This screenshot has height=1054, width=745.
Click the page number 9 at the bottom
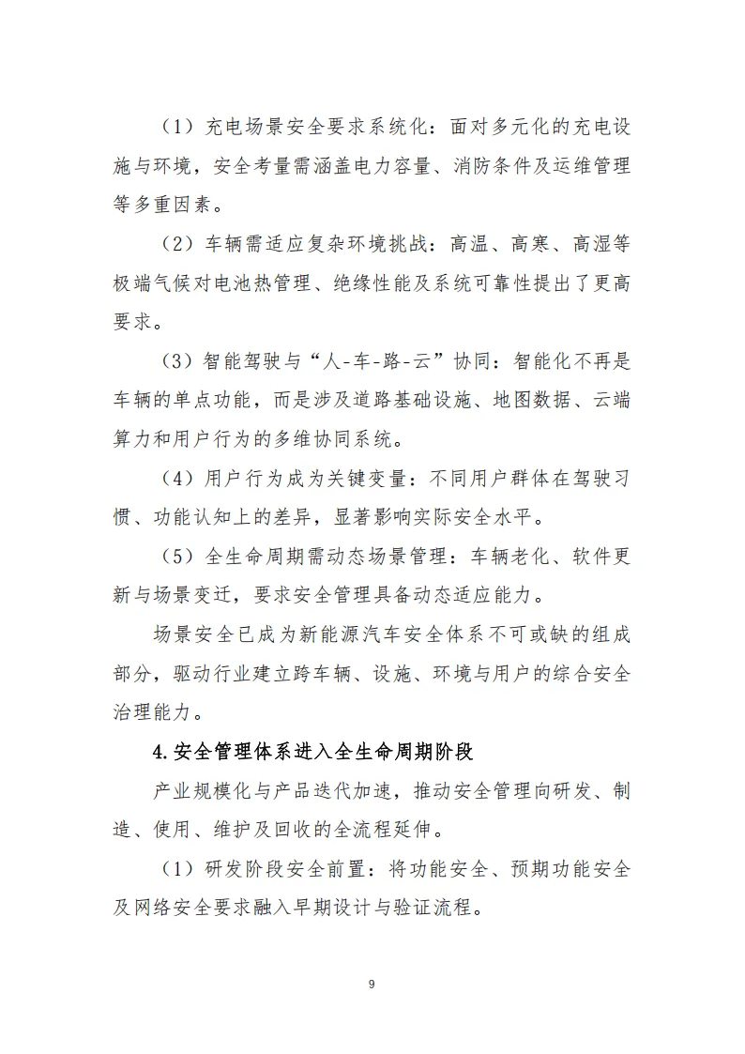click(372, 984)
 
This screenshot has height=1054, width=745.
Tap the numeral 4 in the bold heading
click(158, 751)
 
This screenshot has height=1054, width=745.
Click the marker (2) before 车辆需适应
click(176, 244)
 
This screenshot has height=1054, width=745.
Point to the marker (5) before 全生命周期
click(176, 557)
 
